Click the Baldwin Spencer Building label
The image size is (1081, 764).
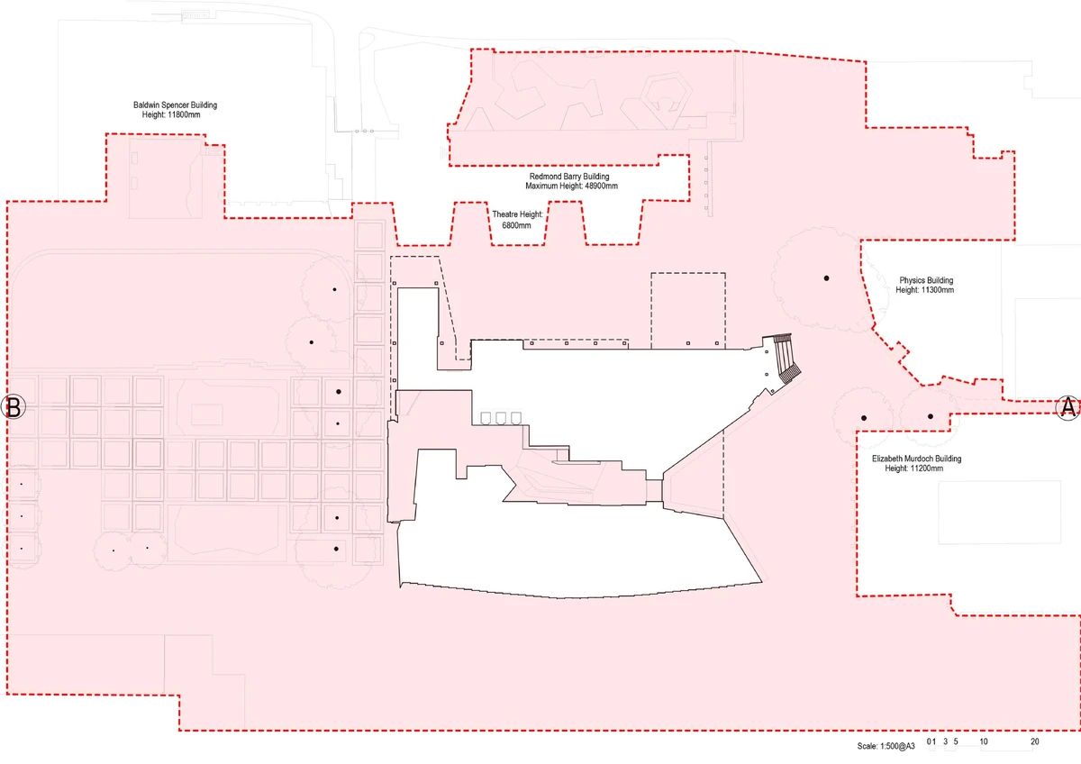pyautogui.click(x=175, y=105)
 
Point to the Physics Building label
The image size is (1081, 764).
pyautogui.click(x=925, y=280)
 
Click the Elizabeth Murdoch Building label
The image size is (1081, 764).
pyautogui.click(x=916, y=459)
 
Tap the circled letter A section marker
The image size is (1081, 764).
pyautogui.click(x=1067, y=407)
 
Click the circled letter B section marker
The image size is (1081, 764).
pyautogui.click(x=14, y=407)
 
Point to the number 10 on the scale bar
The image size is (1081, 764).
pyautogui.click(x=984, y=741)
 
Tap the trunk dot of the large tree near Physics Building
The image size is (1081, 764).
pyautogui.click(x=825, y=278)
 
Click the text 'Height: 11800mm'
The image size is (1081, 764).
pyautogui.click(x=175, y=115)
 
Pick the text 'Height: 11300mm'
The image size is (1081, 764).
pyautogui.click(x=925, y=290)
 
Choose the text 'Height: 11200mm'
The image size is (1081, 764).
pyautogui.click(x=915, y=468)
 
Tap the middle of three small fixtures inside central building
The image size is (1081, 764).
pyautogui.click(x=502, y=418)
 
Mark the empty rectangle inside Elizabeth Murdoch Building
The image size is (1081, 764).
pyautogui.click(x=999, y=513)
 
